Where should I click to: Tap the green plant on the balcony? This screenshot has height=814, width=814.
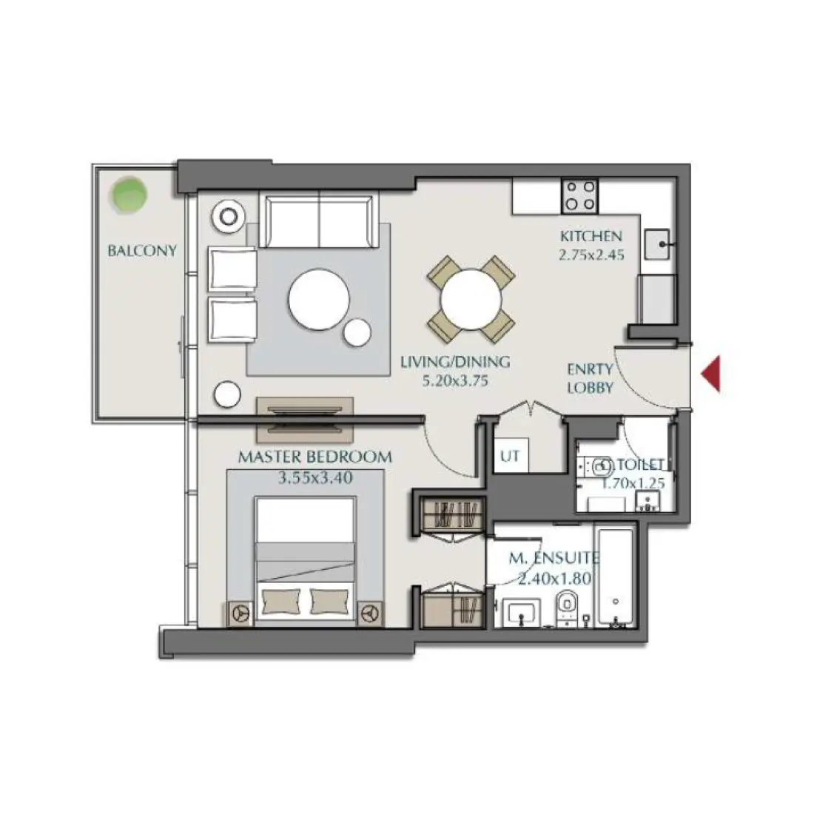coord(128,194)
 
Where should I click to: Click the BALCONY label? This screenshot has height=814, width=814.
coord(142,250)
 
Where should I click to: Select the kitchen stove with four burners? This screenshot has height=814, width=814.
coord(579,195)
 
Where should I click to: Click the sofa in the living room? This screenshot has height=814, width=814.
coord(320,221)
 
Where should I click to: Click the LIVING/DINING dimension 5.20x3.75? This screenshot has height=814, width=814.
coord(454,381)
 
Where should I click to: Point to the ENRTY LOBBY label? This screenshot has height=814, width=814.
coord(590,377)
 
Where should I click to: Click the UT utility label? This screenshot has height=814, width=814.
coord(510,457)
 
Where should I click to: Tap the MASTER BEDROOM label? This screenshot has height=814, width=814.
coord(314,457)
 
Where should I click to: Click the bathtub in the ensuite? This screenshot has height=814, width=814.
coord(615,577)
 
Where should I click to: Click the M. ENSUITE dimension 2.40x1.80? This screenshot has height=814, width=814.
coord(555,579)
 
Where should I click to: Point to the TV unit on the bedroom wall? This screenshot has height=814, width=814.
coord(305,419)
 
